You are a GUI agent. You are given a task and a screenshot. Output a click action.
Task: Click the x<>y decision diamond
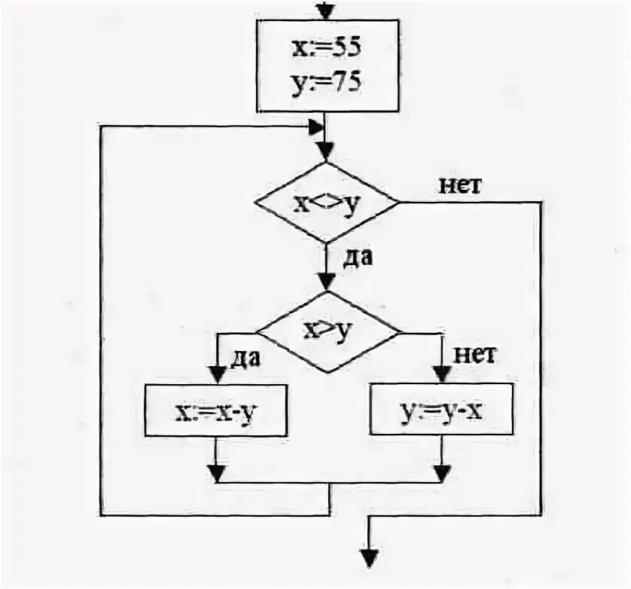(x=326, y=203)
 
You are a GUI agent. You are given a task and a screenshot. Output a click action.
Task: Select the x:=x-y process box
(x=216, y=410)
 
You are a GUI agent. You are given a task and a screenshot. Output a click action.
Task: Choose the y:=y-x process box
(x=442, y=410)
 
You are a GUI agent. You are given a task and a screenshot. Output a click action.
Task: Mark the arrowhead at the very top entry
(x=325, y=11)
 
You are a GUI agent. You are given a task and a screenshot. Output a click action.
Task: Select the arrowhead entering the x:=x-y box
(x=216, y=374)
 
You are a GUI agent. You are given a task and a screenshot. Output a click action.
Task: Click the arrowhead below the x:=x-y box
(x=216, y=473)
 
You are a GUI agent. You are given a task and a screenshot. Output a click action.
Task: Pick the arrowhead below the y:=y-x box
(x=442, y=473)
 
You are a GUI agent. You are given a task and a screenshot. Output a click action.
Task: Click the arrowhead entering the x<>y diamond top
(x=325, y=151)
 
